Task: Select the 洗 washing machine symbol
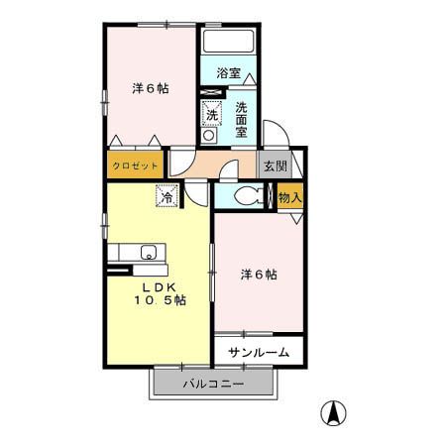[212, 116]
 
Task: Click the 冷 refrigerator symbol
[167, 196]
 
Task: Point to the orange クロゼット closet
[133, 166]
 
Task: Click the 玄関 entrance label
[275, 167]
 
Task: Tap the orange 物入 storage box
[289, 197]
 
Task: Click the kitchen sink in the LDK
[148, 251]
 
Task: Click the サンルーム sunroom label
[259, 352]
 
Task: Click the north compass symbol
[337, 411]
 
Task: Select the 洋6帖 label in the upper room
[151, 88]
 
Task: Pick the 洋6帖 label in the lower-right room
[259, 274]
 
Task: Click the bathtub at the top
[228, 45]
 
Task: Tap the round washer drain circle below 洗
[210, 135]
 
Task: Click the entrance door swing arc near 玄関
[279, 138]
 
